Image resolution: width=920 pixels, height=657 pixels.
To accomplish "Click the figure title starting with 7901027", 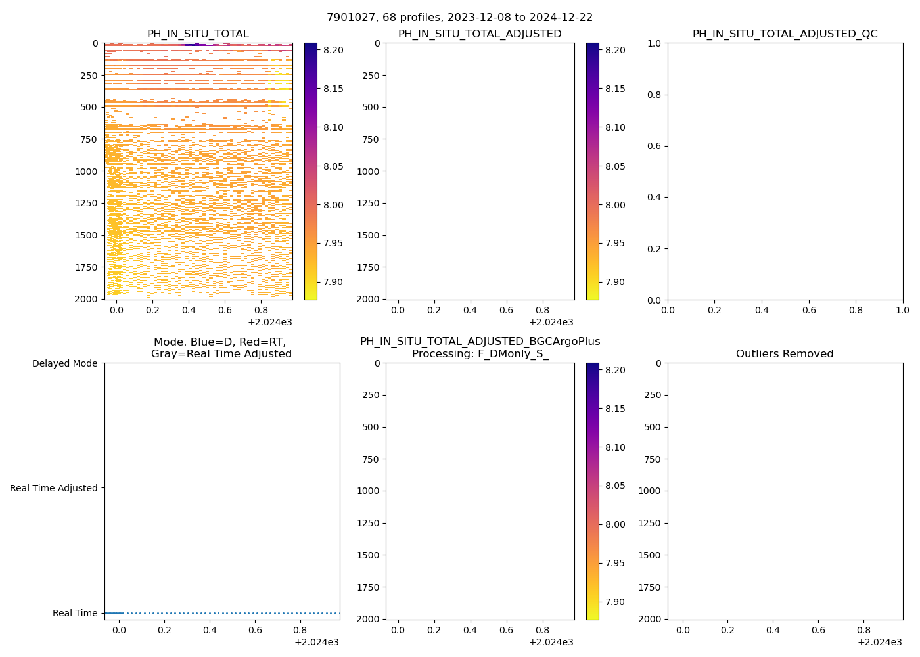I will click(459, 18).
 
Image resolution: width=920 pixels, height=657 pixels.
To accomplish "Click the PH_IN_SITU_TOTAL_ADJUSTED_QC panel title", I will click(785, 34).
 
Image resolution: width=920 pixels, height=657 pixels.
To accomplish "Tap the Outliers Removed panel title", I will click(785, 354).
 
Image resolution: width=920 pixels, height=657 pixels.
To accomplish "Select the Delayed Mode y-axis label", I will click(64, 363).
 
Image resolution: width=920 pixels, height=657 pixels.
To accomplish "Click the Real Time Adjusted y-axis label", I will click(54, 488).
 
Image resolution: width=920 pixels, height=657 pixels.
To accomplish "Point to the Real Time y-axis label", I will click(75, 613).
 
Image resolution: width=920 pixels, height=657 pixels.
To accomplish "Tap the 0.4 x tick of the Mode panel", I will click(210, 630).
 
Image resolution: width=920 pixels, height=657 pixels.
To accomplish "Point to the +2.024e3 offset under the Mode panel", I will click(316, 642).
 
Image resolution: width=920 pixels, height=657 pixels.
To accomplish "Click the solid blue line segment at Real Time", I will click(114, 613).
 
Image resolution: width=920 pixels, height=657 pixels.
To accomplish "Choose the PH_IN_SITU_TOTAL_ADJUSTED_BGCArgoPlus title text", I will click(480, 342).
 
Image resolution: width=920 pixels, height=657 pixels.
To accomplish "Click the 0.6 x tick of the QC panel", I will click(809, 310).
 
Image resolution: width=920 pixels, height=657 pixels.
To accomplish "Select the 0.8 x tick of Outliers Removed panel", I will click(863, 630).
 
